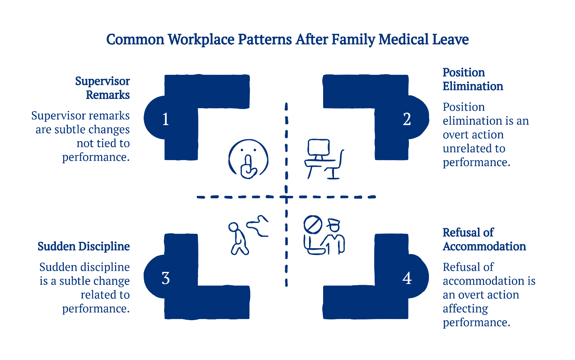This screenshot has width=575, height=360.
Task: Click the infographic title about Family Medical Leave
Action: click(287, 39)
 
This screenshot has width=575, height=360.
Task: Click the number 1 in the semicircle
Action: click(165, 119)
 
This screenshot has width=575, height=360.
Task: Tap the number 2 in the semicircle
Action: click(407, 119)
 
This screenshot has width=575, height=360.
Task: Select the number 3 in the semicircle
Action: click(165, 278)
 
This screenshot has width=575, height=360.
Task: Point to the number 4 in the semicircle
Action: click(407, 278)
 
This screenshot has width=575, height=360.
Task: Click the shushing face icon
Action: click(248, 159)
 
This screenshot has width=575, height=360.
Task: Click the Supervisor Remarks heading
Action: click(102, 88)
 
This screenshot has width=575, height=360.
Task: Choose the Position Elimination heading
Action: click(472, 79)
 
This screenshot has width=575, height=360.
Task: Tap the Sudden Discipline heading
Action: click(84, 246)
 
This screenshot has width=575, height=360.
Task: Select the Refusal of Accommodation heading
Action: click(484, 239)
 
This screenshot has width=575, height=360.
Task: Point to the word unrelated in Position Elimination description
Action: click(474, 148)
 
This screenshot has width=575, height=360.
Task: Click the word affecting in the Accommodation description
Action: click(465, 309)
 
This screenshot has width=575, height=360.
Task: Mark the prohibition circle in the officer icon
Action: click(313, 224)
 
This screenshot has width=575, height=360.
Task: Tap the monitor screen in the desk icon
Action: click(318, 148)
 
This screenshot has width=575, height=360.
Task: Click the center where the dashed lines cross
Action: click(286, 197)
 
